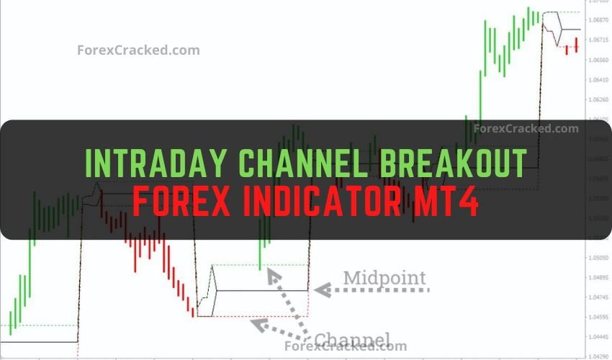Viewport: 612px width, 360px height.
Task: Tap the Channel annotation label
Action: (x=352, y=339)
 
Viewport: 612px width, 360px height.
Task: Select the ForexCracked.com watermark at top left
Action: (x=138, y=50)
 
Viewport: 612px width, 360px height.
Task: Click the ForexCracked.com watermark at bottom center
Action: (x=346, y=346)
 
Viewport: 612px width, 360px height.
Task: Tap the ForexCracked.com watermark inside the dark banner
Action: (x=526, y=129)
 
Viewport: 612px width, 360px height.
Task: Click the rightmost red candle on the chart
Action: (x=577, y=45)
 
